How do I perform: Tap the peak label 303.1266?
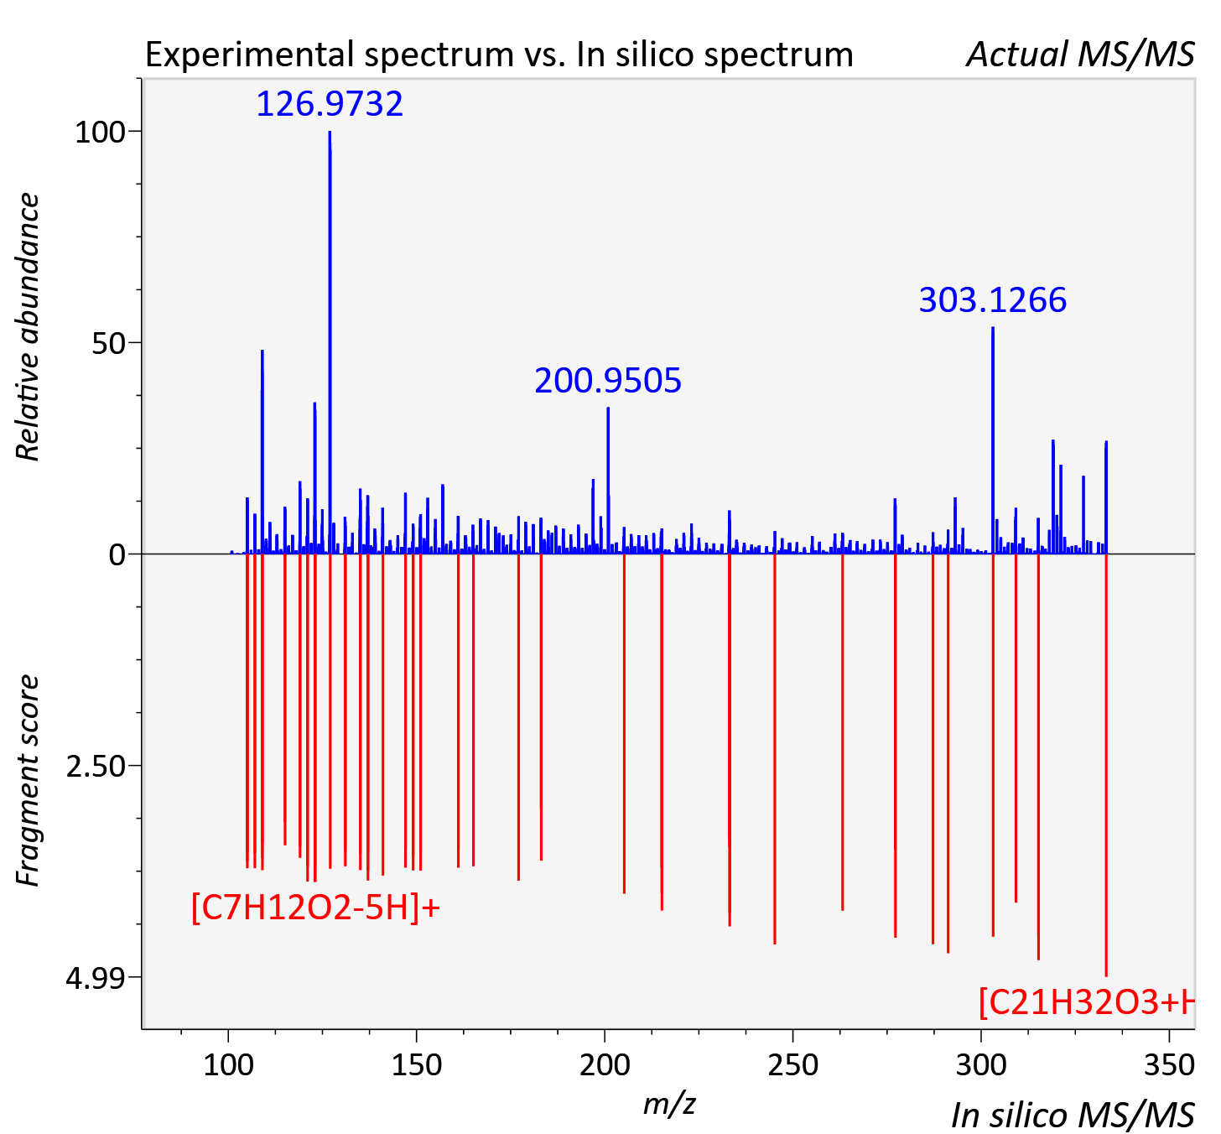(x=992, y=300)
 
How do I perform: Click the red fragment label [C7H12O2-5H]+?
(x=316, y=908)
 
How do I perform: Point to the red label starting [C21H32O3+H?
(x=1086, y=1003)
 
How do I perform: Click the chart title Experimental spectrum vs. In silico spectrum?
(x=499, y=55)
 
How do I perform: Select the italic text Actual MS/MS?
(x=1081, y=55)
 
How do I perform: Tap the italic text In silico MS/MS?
(x=1073, y=1115)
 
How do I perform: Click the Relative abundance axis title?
(x=28, y=326)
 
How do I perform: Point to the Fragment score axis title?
(x=28, y=780)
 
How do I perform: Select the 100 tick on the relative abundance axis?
(x=100, y=133)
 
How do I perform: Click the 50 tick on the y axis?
(x=108, y=344)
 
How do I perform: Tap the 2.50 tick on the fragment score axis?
(x=96, y=767)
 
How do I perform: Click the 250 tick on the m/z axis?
(x=792, y=1065)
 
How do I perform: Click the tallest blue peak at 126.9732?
(x=330, y=342)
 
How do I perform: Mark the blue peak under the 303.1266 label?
(x=993, y=440)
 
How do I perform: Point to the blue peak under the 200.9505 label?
(x=608, y=481)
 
